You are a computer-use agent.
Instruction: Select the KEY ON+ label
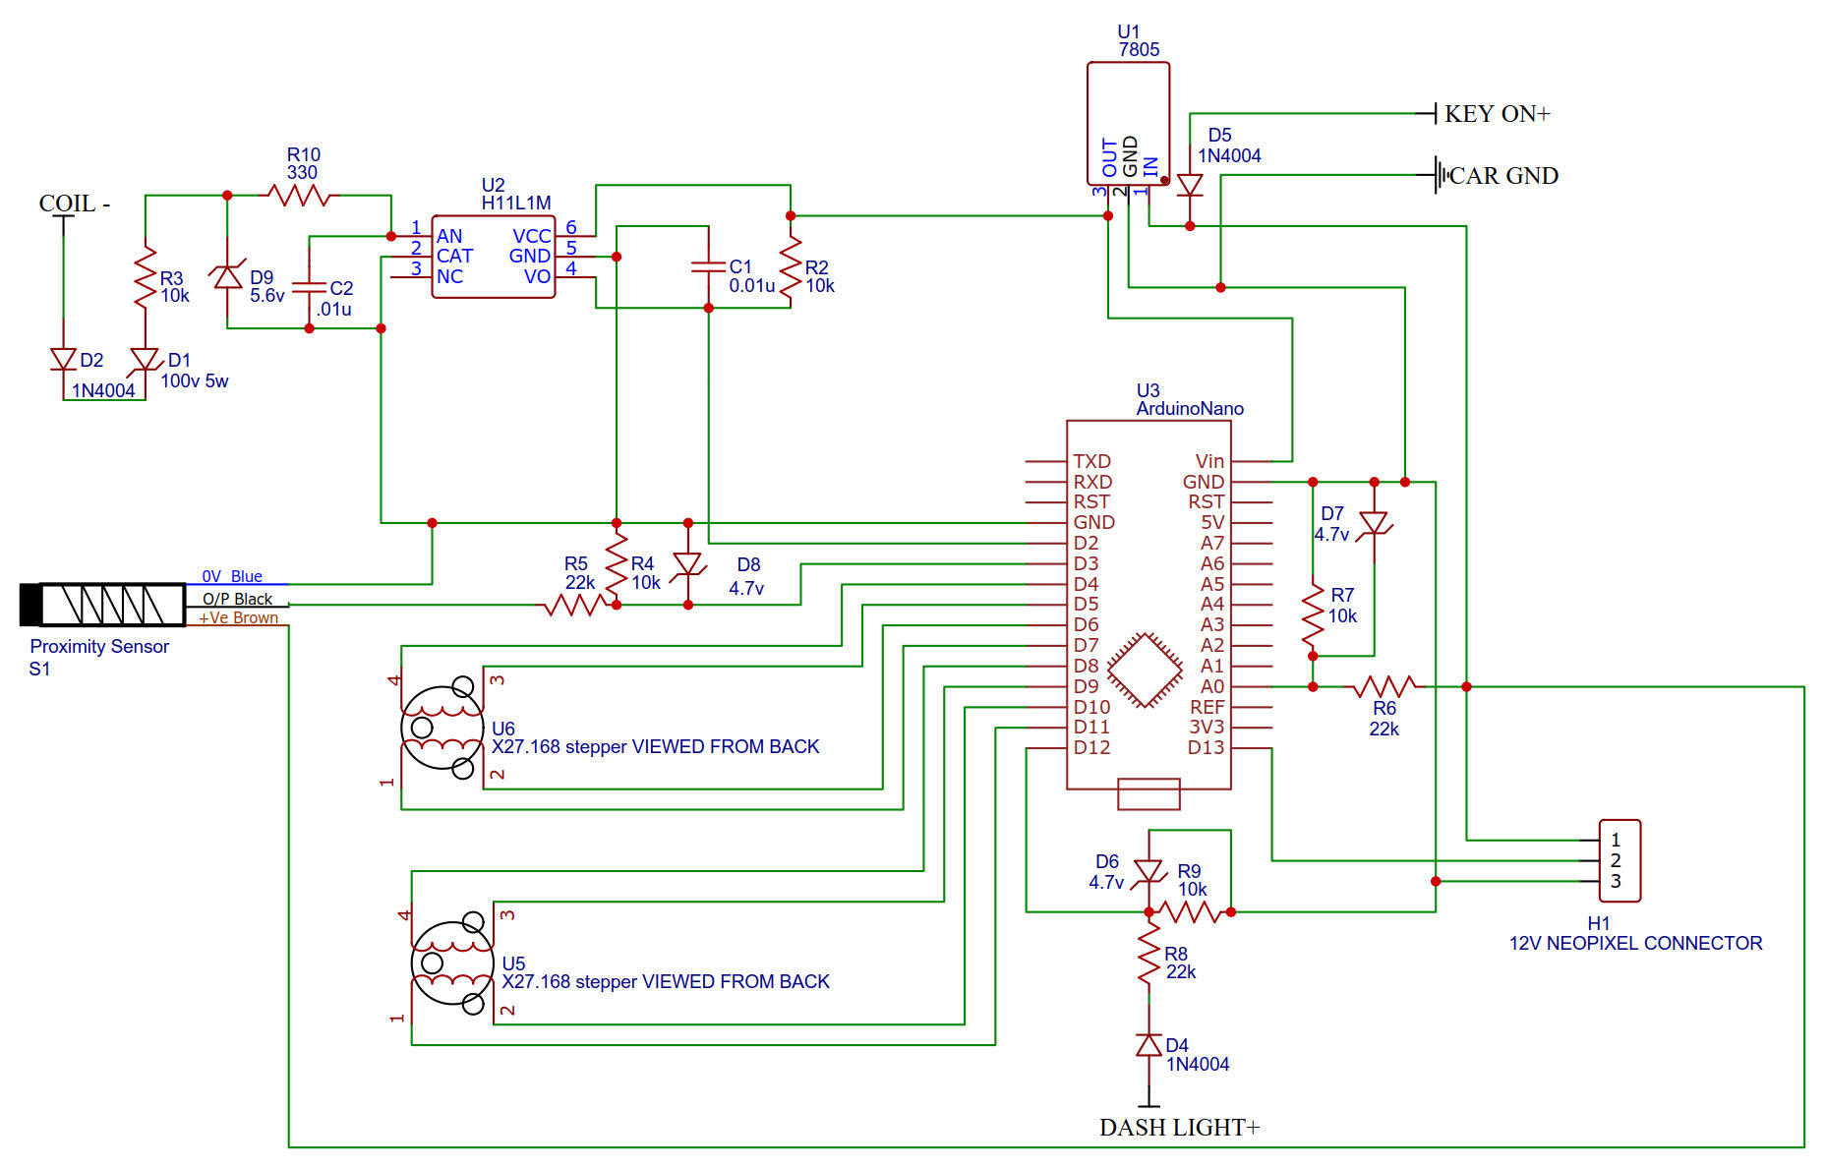pos(1497,114)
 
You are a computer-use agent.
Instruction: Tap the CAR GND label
pos(1502,176)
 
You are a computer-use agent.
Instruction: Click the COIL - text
pos(74,204)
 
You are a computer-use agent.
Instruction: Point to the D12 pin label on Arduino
pos(1091,747)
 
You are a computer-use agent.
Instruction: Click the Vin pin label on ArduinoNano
pos(1209,461)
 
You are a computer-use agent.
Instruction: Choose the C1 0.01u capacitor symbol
pos(708,266)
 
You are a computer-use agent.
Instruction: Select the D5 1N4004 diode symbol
pos(1190,185)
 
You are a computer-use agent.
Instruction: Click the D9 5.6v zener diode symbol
pos(228,277)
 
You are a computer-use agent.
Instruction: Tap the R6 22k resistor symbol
pos(1383,686)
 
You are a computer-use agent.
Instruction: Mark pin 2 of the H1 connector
pos(1616,860)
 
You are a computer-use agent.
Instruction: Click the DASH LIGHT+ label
pos(1179,1127)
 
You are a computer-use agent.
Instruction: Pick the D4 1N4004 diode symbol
pos(1148,1045)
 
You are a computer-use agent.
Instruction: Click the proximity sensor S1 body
pos(103,605)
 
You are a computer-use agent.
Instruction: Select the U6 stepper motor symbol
pos(442,728)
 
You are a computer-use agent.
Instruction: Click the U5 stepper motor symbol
pos(452,964)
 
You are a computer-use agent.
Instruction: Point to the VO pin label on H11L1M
pos(537,276)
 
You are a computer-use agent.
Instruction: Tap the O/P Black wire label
pos(237,599)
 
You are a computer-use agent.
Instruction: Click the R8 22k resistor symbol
pos(1148,955)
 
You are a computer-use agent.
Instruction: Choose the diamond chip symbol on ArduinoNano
pos(1145,671)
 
